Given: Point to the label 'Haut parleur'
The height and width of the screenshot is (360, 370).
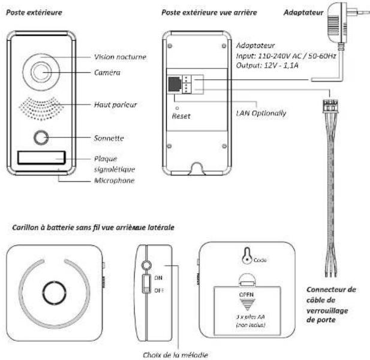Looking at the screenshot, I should pyautogui.click(x=112, y=104).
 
